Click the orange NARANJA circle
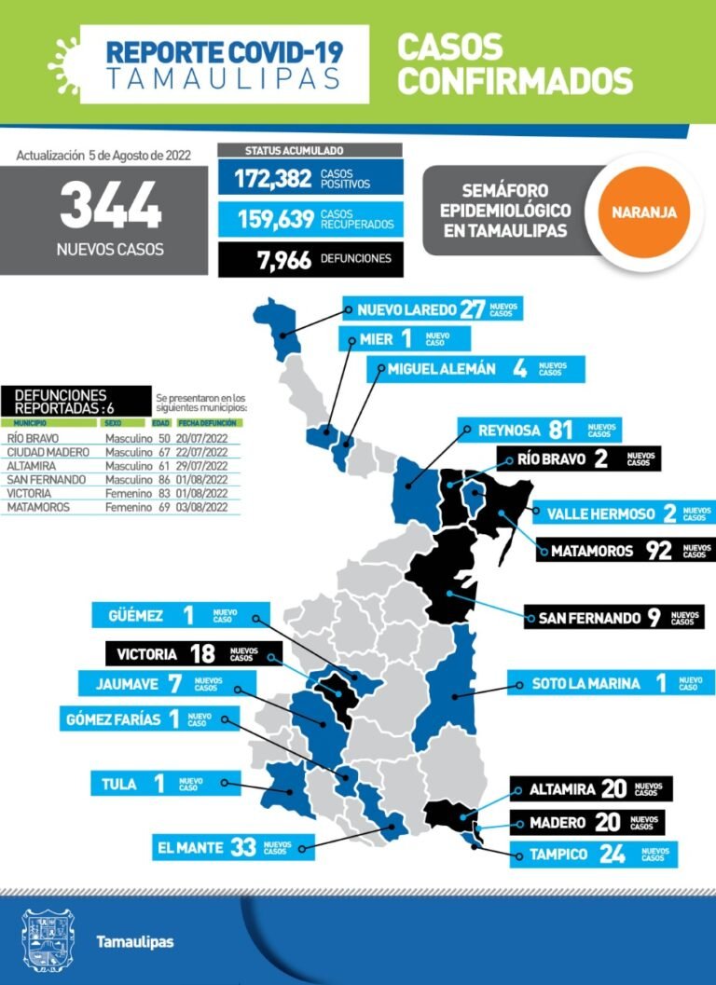(x=644, y=212)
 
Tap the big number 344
(x=110, y=206)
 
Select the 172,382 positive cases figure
(x=272, y=178)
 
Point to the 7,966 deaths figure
(x=284, y=259)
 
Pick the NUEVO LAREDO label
(x=406, y=309)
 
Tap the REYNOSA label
(x=509, y=430)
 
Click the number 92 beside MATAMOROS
(x=659, y=550)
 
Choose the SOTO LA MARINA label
(x=585, y=683)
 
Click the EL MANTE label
(x=189, y=848)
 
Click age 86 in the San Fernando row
(x=164, y=479)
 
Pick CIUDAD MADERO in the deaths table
(x=48, y=452)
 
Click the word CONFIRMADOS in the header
(x=515, y=80)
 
